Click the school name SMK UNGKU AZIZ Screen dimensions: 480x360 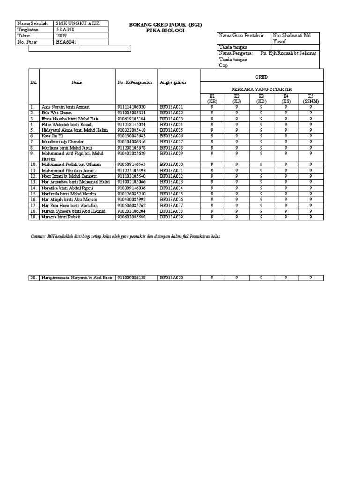(75, 23)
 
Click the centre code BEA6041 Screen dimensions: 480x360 (66, 42)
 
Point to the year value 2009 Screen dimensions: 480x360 (61, 36)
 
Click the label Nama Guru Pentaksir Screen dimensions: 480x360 (241, 36)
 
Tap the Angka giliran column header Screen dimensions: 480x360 (172, 82)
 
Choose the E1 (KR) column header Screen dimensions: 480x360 (212, 98)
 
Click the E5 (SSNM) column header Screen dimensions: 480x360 (310, 98)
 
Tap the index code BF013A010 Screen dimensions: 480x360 (171, 165)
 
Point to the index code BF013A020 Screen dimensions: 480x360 (171, 278)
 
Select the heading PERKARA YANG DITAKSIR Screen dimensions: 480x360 (262, 88)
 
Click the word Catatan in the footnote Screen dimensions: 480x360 (38, 237)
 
